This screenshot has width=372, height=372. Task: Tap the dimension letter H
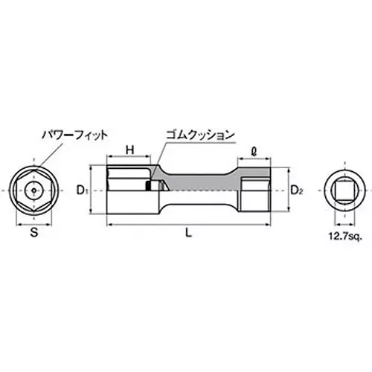(x=129, y=150)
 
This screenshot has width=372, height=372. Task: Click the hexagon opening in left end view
(x=33, y=190)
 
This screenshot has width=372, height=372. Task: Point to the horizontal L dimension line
(x=223, y=223)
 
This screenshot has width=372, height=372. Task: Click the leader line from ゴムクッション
(x=161, y=149)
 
